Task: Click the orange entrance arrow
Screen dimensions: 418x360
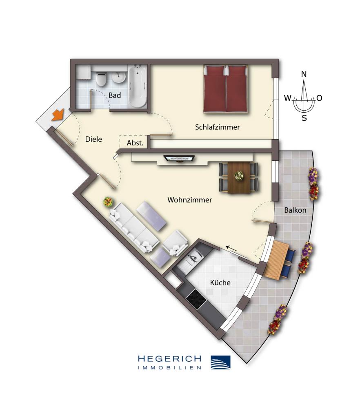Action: (x=58, y=116)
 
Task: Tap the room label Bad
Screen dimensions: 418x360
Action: (x=115, y=96)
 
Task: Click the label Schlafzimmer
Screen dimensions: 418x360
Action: (x=217, y=127)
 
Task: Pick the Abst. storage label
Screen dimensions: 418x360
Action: (x=135, y=143)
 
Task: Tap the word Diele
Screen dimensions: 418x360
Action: (x=93, y=139)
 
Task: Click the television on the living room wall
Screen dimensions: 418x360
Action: (x=178, y=158)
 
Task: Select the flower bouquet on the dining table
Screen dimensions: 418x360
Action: (x=238, y=176)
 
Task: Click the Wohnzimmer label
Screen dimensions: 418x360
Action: (x=189, y=200)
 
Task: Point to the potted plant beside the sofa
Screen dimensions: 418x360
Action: (x=108, y=201)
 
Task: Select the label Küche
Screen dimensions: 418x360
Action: (x=220, y=282)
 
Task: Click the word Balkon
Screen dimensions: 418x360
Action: (x=296, y=210)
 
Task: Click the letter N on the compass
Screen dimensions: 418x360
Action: (x=304, y=74)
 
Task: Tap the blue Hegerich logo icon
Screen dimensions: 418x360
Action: (x=220, y=362)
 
